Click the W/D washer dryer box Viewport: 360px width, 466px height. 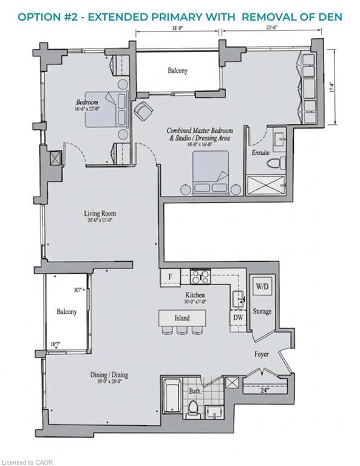261,286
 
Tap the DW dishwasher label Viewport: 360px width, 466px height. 237,317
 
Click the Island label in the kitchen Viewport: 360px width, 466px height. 182,318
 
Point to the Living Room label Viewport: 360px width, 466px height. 100,214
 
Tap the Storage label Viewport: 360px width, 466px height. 262,312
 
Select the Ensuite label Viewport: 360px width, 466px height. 260,152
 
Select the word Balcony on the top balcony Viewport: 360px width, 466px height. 177,71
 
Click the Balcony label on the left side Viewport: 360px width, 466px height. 66,312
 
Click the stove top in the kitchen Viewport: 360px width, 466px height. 200,277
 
